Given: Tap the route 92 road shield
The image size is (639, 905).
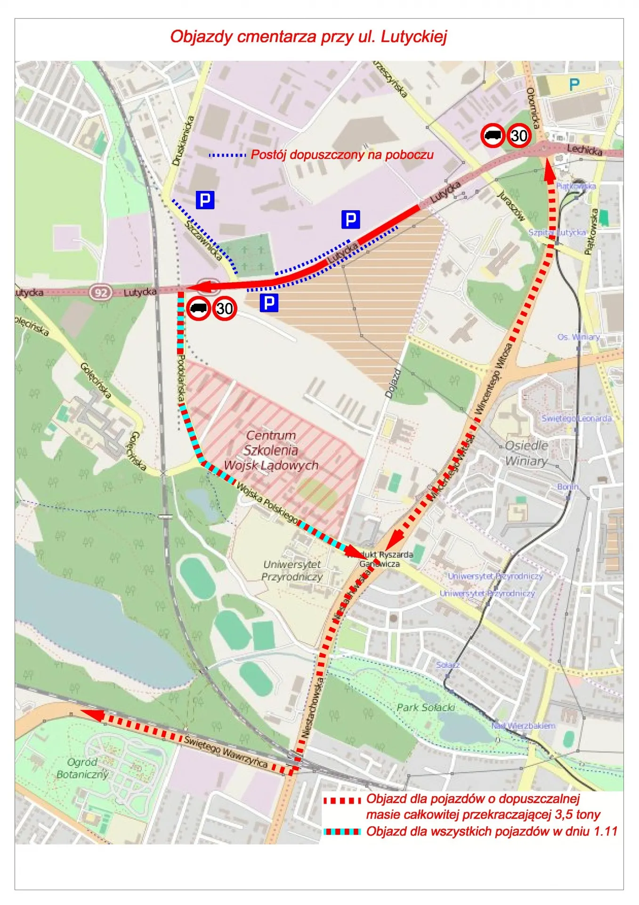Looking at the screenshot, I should coord(101,292).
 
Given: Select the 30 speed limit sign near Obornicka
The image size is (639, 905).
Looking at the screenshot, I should coord(519,136).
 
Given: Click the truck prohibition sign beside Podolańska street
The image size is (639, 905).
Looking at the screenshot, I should coord(198,309).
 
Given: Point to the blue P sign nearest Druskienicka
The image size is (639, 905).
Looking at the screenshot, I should coord(205,200).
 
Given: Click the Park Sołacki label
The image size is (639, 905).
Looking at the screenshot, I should coord(426,708).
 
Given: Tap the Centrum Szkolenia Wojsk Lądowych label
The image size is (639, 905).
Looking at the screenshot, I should coord(271,450).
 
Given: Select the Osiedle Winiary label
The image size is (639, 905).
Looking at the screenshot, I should coord(526,452).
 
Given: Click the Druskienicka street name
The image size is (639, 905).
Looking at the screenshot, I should coord(183,141).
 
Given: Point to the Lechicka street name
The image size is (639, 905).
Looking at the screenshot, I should coord(584,150).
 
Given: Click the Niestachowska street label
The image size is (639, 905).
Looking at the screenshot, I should coord(313,707).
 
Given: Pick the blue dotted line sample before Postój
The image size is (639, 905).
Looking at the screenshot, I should coord(227,155).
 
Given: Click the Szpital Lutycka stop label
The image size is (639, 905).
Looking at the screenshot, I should coord(557,232).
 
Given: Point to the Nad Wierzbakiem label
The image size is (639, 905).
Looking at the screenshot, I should coord(523,726).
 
